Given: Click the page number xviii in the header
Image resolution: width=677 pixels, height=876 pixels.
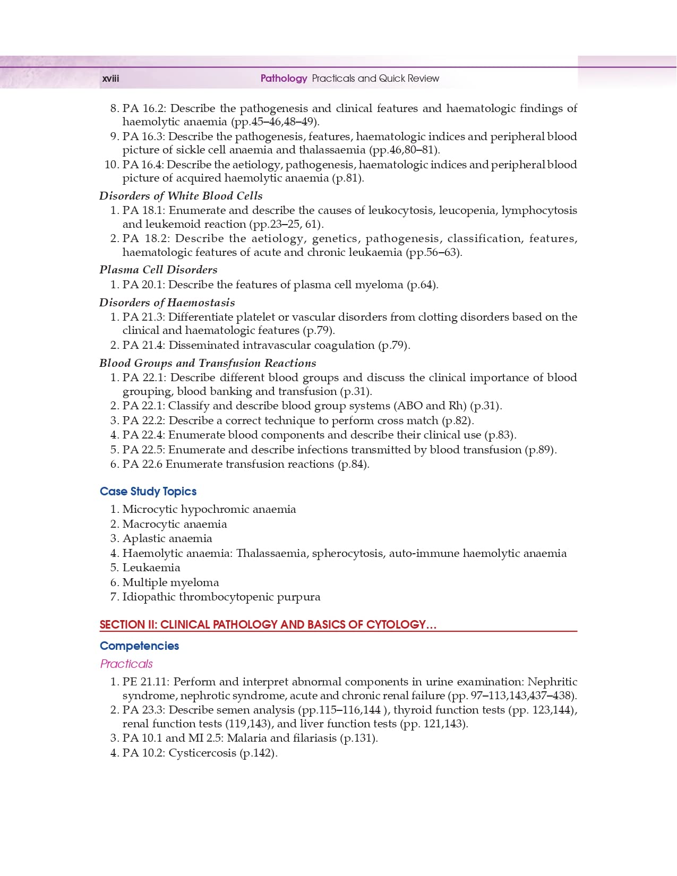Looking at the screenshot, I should click(x=110, y=79).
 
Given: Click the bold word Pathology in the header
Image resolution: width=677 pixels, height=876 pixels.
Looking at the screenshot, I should click(x=284, y=79).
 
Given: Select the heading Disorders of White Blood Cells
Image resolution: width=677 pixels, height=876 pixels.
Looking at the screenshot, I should click(x=181, y=195).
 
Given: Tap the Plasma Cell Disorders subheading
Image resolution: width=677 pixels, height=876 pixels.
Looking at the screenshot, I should click(x=158, y=269).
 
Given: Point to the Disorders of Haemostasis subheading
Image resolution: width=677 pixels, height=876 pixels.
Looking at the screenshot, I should click(x=167, y=302).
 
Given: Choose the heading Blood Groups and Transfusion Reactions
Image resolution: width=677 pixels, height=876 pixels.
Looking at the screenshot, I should click(x=208, y=363).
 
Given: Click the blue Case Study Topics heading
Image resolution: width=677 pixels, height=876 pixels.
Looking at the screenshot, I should click(x=148, y=491).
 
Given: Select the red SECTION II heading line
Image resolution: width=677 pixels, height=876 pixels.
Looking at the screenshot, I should click(x=268, y=624).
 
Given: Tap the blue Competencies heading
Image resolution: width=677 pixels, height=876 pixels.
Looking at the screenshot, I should click(x=139, y=646).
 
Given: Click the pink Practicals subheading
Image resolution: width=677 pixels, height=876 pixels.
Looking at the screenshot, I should click(x=126, y=664).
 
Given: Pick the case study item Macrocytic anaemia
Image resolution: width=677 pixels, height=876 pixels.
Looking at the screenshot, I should click(x=175, y=524).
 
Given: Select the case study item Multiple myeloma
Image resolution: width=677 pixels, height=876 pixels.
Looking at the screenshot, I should click(x=170, y=582).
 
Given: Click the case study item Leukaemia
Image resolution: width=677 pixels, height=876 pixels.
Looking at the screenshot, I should click(x=151, y=568).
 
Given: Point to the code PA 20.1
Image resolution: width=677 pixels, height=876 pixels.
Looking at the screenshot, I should click(x=143, y=285).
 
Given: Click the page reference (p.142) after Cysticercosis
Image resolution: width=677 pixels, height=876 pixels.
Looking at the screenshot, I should click(x=259, y=753).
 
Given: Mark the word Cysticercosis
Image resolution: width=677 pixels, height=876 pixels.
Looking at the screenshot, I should click(x=202, y=753).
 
